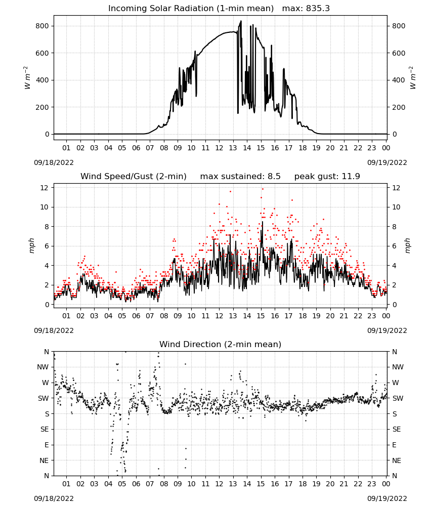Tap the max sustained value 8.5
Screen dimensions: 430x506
pos(274,176)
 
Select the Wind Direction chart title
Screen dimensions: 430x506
pos(221,344)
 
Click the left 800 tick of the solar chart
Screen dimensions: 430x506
pos(42,26)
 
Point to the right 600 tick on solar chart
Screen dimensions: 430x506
pos(399,53)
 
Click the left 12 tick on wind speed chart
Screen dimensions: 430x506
pos(45,188)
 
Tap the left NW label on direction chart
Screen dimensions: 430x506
pos(43,367)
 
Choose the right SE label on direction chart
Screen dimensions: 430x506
pos(397,429)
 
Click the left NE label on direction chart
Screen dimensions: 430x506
pos(44,460)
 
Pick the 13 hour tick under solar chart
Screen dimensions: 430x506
pos(233,148)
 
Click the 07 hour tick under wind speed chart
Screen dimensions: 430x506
pos(150,316)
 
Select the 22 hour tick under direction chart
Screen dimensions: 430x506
pos(358,484)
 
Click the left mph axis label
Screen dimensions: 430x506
pos(31,245)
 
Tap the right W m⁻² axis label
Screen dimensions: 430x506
pos(413,78)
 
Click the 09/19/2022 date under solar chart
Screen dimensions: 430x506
pos(387,162)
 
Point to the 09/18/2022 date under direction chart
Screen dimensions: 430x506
pos(54,498)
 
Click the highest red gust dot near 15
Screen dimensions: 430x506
pos(263,189)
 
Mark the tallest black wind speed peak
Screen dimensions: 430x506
pos(262,222)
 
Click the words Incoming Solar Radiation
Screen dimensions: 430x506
pos(161,8)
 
